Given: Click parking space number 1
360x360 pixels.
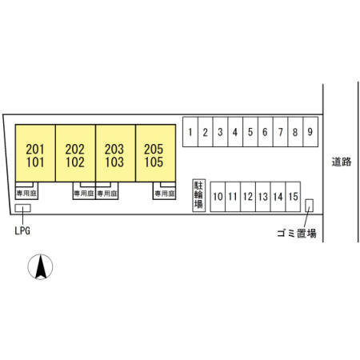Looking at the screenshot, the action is [x=190, y=132].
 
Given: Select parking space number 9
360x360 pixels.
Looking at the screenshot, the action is [x=310, y=132].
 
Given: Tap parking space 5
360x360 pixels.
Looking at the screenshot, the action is [x=250, y=132].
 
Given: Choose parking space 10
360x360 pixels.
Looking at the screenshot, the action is [x=218, y=197].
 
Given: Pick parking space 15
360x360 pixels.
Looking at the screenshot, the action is [x=293, y=197].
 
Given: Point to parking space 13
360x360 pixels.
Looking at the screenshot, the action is [x=263, y=197].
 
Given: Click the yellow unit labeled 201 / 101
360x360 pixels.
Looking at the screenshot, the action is [x=35, y=153].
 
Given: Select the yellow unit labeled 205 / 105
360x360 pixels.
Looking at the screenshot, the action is [x=155, y=153].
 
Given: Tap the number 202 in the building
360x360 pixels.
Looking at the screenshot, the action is [x=75, y=149].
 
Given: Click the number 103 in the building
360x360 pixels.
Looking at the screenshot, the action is [x=114, y=162].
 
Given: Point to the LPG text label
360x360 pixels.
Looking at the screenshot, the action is [x=22, y=231].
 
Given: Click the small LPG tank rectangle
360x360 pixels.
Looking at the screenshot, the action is [x=22, y=208].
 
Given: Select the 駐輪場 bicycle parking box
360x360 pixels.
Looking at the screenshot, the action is [x=199, y=195].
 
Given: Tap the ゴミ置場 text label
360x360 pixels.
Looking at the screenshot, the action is [x=297, y=234].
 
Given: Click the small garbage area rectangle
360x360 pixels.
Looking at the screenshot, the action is [x=309, y=206].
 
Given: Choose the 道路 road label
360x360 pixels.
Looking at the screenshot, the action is [x=342, y=162].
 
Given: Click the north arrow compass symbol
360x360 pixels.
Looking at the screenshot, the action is [x=40, y=266].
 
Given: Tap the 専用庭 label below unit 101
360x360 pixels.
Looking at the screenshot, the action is [x=26, y=194].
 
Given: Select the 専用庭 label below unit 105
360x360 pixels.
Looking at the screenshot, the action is [x=165, y=194].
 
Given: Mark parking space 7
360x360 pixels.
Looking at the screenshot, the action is [x=280, y=132].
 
